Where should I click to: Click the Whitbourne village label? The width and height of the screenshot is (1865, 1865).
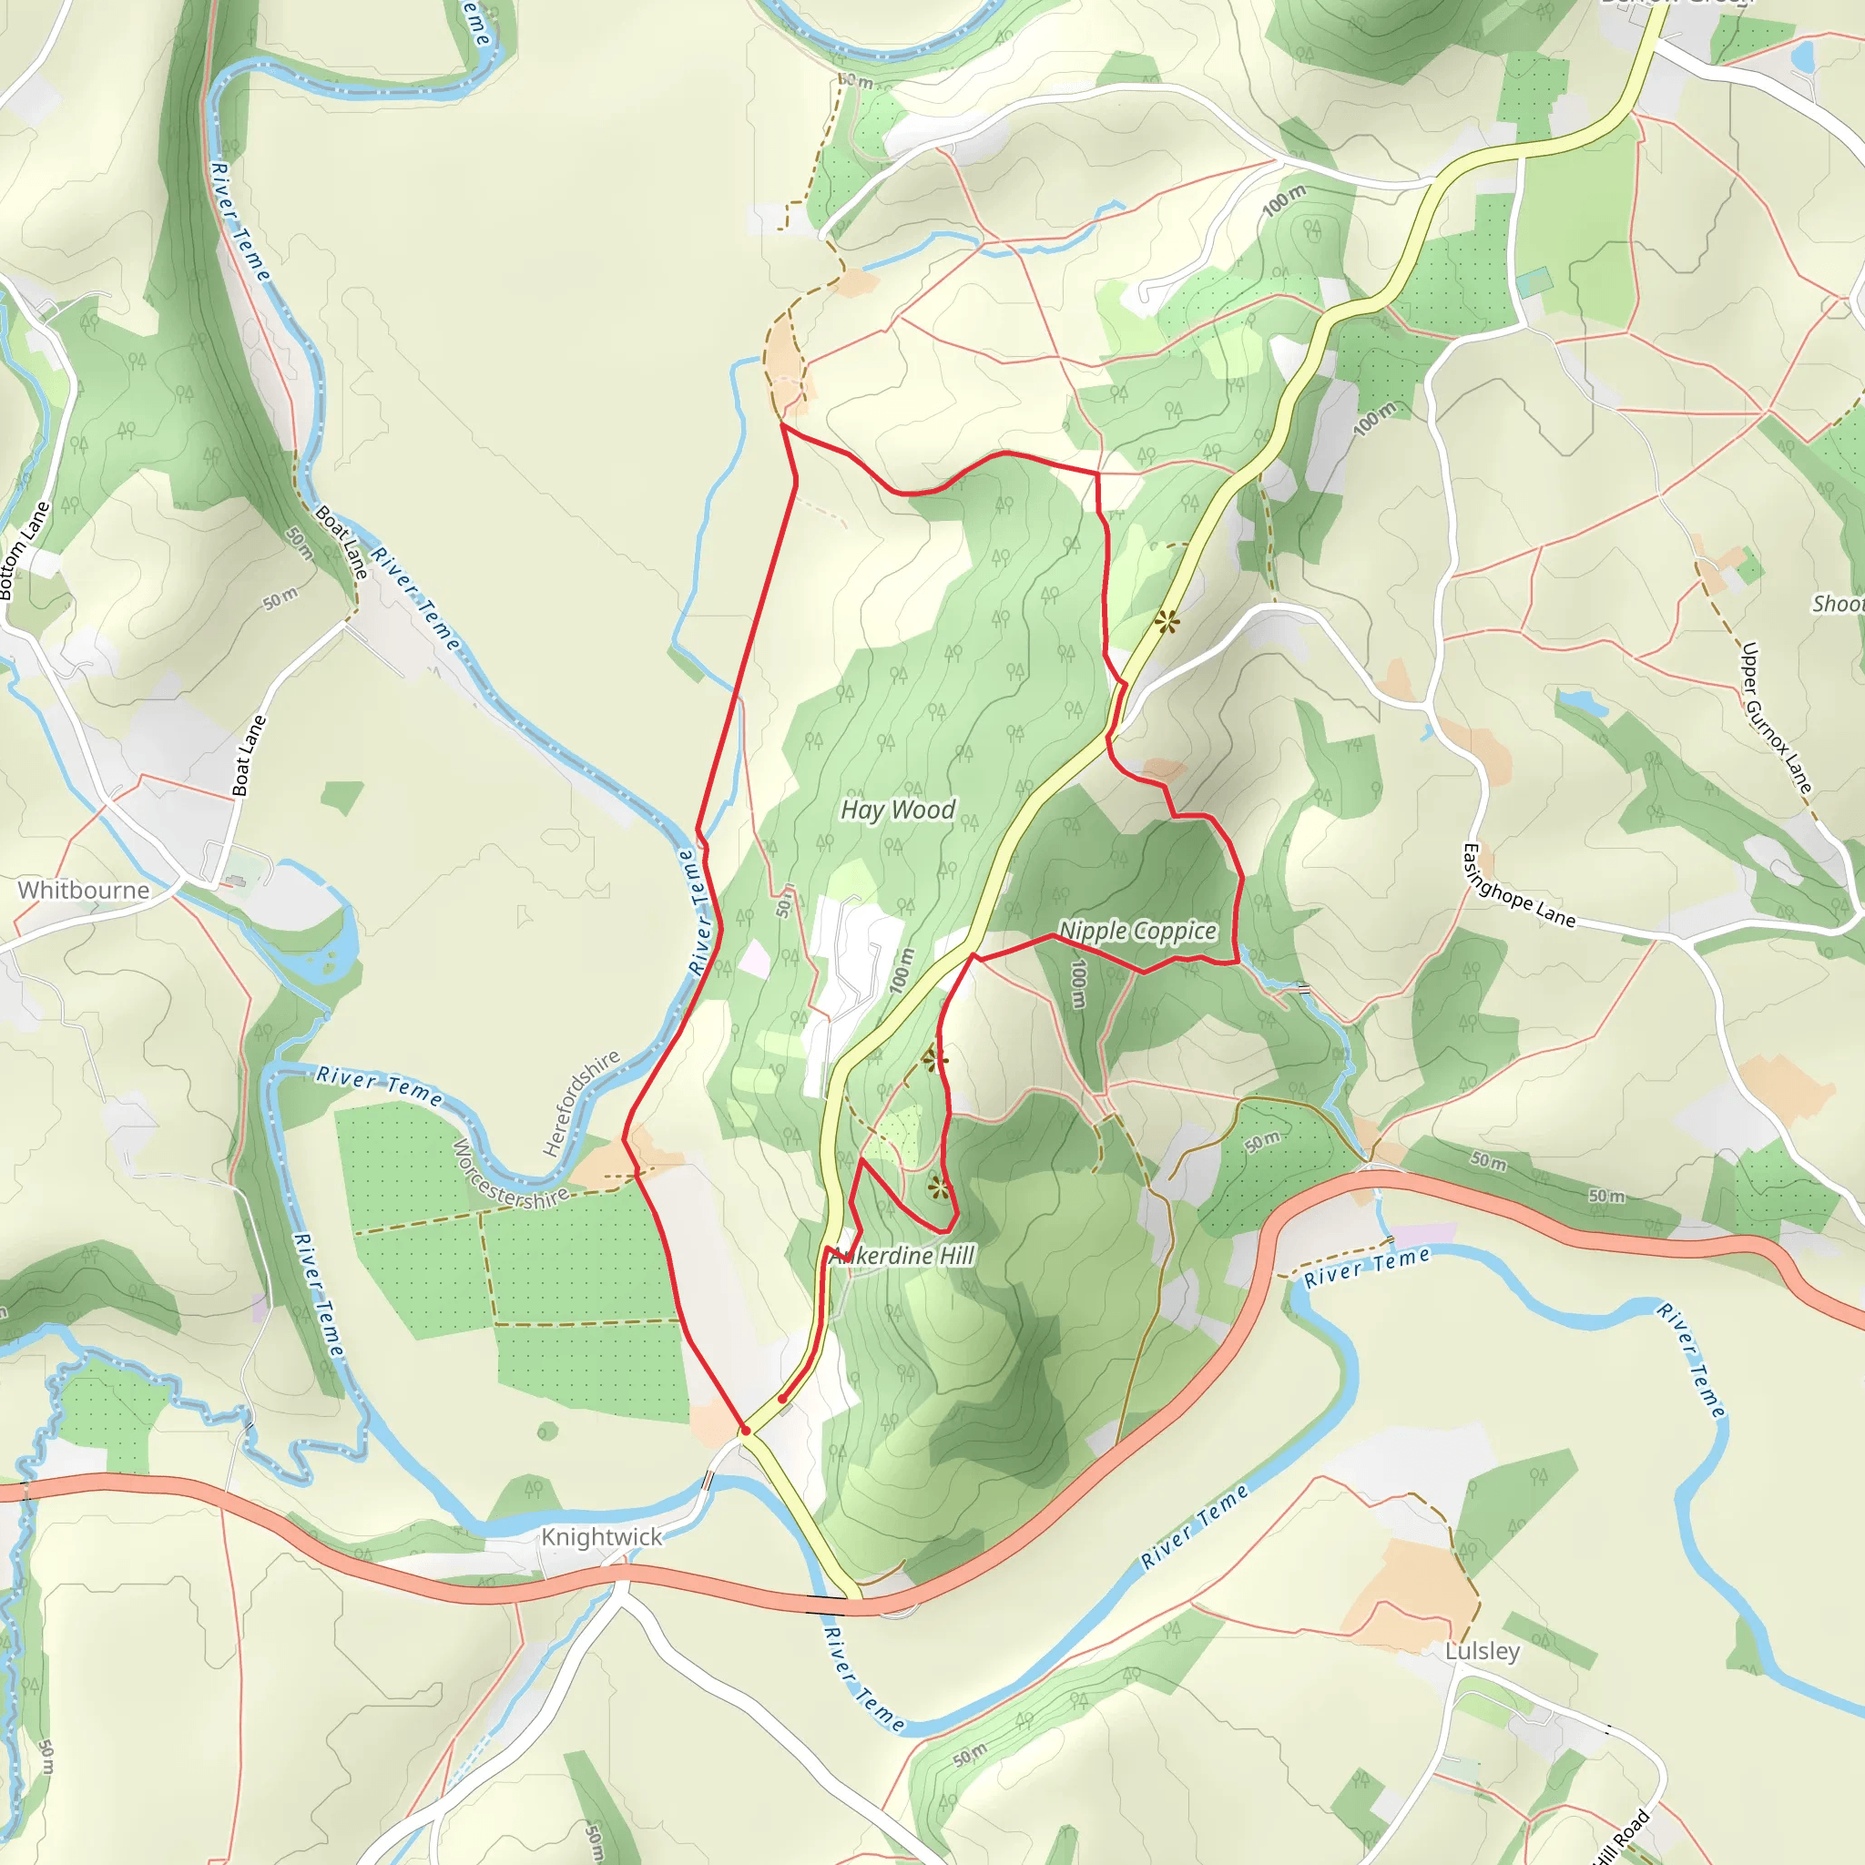pyautogui.click(x=84, y=890)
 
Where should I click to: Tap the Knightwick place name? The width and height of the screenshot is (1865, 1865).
pyautogui.click(x=601, y=1537)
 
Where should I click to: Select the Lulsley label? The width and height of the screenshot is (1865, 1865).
pyautogui.click(x=1482, y=1651)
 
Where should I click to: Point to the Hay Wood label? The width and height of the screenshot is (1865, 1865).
pyautogui.click(x=898, y=810)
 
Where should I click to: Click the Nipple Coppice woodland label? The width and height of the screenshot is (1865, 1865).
pyautogui.click(x=1137, y=931)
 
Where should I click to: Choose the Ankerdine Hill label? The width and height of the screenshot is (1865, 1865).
pyautogui.click(x=902, y=1256)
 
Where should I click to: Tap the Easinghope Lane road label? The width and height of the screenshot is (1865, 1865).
pyautogui.click(x=1517, y=885)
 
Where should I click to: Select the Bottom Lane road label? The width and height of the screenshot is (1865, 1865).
pyautogui.click(x=25, y=551)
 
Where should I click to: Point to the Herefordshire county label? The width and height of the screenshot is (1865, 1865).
pyautogui.click(x=581, y=1104)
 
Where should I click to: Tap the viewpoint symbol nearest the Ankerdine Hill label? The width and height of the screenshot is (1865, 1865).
pyautogui.click(x=937, y=1187)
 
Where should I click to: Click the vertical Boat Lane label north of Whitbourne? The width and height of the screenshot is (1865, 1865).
pyautogui.click(x=249, y=756)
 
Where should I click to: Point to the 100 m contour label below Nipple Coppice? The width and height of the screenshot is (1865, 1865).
pyautogui.click(x=1079, y=983)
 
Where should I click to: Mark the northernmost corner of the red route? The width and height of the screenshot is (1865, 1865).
pyautogui.click(x=781, y=424)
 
